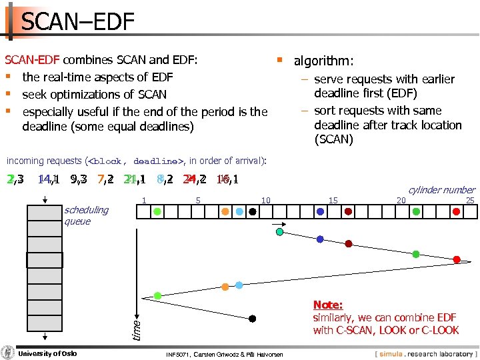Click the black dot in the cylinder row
click(x=253, y=211)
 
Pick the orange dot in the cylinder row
click(x=225, y=211)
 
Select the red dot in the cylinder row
click(x=457, y=211)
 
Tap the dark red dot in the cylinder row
click(x=349, y=211)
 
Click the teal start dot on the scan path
click(x=280, y=231)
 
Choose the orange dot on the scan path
click(x=225, y=287)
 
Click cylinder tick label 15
click(x=333, y=200)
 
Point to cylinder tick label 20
click(x=401, y=200)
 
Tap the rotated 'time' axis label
click(x=135, y=327)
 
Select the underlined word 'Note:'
click(x=328, y=305)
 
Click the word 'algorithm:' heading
click(x=324, y=61)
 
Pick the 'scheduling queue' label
click(x=86, y=215)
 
